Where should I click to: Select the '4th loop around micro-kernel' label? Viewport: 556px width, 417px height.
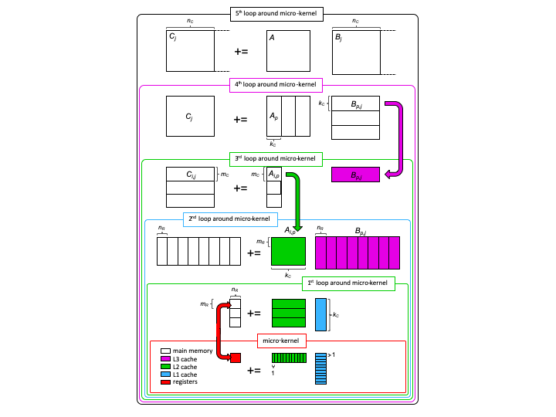[x=277, y=84]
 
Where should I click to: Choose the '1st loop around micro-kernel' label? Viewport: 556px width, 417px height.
[x=347, y=283]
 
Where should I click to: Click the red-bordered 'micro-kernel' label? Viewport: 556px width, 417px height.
[x=282, y=339]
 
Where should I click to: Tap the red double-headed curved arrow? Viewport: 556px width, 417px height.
[x=222, y=332]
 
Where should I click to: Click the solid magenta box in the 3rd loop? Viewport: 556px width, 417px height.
[x=357, y=175]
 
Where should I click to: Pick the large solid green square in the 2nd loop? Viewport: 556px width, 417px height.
[x=288, y=252]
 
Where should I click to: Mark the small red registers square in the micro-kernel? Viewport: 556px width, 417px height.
[x=236, y=358]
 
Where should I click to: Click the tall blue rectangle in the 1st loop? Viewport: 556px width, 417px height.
[x=320, y=314]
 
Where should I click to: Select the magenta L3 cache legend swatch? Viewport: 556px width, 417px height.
[x=165, y=359]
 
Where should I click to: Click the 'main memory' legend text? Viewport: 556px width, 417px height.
[x=192, y=351]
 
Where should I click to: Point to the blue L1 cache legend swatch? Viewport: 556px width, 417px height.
[x=165, y=375]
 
